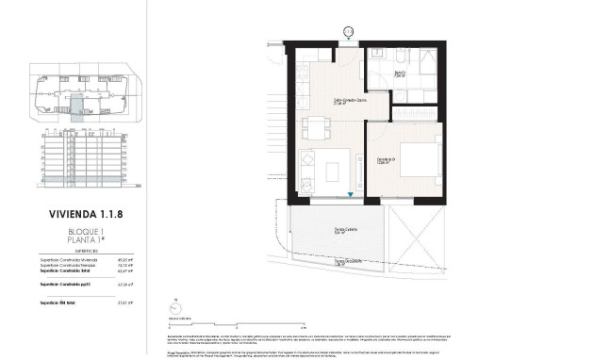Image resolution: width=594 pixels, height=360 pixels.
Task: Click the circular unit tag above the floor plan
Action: pyautogui.click(x=348, y=31)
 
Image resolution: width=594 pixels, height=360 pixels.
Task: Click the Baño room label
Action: pyautogui.click(x=399, y=73)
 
